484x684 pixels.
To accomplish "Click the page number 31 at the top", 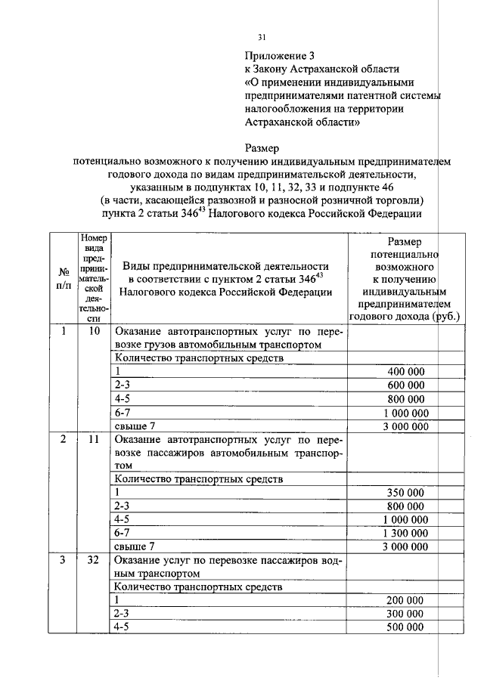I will click(262, 36).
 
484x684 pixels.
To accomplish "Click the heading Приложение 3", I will click(278, 56).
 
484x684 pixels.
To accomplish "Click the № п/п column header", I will click(63, 279).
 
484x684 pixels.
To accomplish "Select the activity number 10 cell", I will click(94, 332).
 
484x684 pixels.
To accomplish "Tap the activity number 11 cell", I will click(94, 439).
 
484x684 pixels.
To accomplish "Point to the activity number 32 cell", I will click(94, 561).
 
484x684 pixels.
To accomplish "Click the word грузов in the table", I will click(158, 345).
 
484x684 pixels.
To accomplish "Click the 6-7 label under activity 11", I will click(121, 533).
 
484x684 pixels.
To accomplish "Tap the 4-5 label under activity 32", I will click(121, 627).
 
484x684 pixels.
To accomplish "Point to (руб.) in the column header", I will click(441, 317).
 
